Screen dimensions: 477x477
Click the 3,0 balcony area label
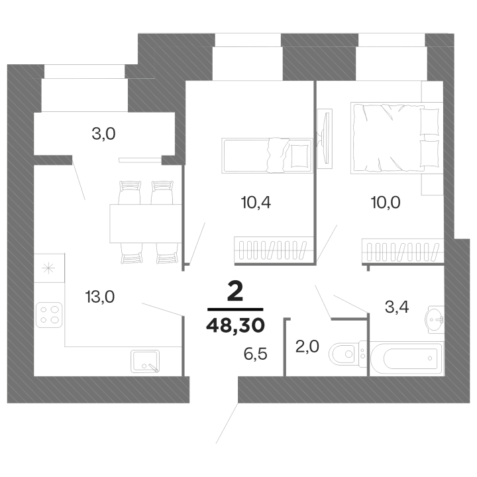tap(104, 134)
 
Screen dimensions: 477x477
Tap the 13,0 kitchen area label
tap(100, 297)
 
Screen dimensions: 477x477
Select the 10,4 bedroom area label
tap(256, 203)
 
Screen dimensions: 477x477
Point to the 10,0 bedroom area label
tap(386, 203)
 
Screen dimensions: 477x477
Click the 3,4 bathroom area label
tap(397, 307)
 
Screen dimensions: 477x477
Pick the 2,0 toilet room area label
tap(307, 346)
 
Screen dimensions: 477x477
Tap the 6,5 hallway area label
tap(256, 354)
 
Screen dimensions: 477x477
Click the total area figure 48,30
tap(235, 325)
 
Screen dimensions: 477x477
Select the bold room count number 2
tap(235, 291)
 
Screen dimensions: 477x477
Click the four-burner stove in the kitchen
tap(49, 315)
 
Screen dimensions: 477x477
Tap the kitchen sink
tap(145, 362)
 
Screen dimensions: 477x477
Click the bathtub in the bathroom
tap(406, 358)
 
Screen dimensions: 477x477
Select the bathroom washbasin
tap(435, 320)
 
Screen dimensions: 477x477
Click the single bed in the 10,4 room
tap(268, 156)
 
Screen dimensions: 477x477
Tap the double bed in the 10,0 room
tap(396, 138)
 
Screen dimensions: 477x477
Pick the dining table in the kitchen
tap(146, 224)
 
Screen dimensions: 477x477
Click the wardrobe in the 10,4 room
tap(274, 250)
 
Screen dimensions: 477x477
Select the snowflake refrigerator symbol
tap(48, 268)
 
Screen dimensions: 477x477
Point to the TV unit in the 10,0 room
tap(325, 138)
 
